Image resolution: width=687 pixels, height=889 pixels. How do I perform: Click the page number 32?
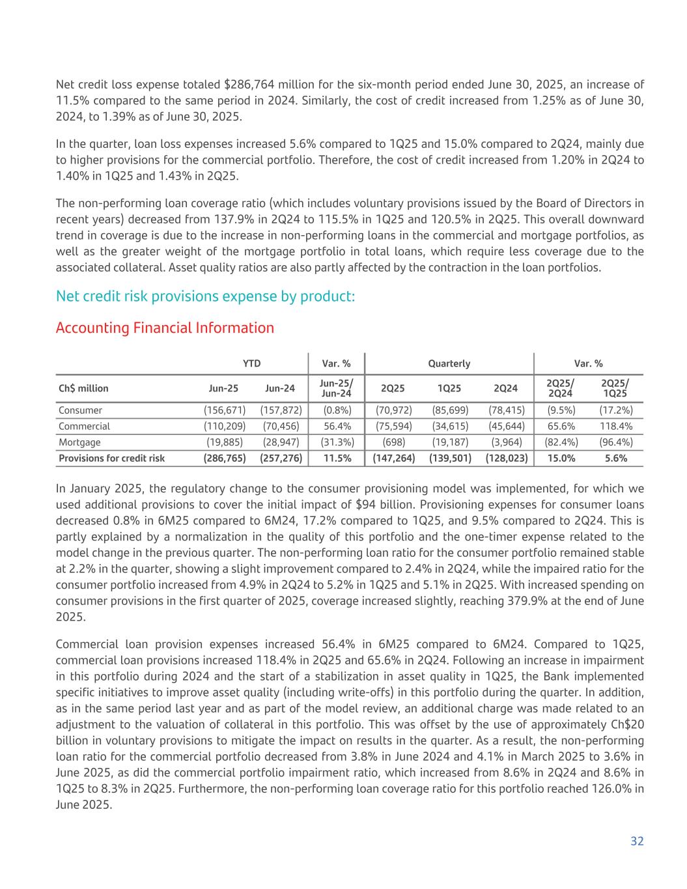(x=637, y=841)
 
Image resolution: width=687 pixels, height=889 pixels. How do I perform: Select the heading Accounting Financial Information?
(x=165, y=328)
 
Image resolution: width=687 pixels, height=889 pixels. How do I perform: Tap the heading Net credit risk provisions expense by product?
(x=205, y=296)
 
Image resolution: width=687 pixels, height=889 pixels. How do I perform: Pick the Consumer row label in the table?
(x=80, y=410)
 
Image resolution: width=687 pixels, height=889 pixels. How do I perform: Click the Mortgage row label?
(x=79, y=442)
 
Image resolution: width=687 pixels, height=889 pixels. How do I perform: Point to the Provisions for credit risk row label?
(x=111, y=458)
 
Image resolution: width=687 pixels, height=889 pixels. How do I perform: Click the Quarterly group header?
(x=449, y=363)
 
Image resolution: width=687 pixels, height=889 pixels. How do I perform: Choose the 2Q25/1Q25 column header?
(x=615, y=389)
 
